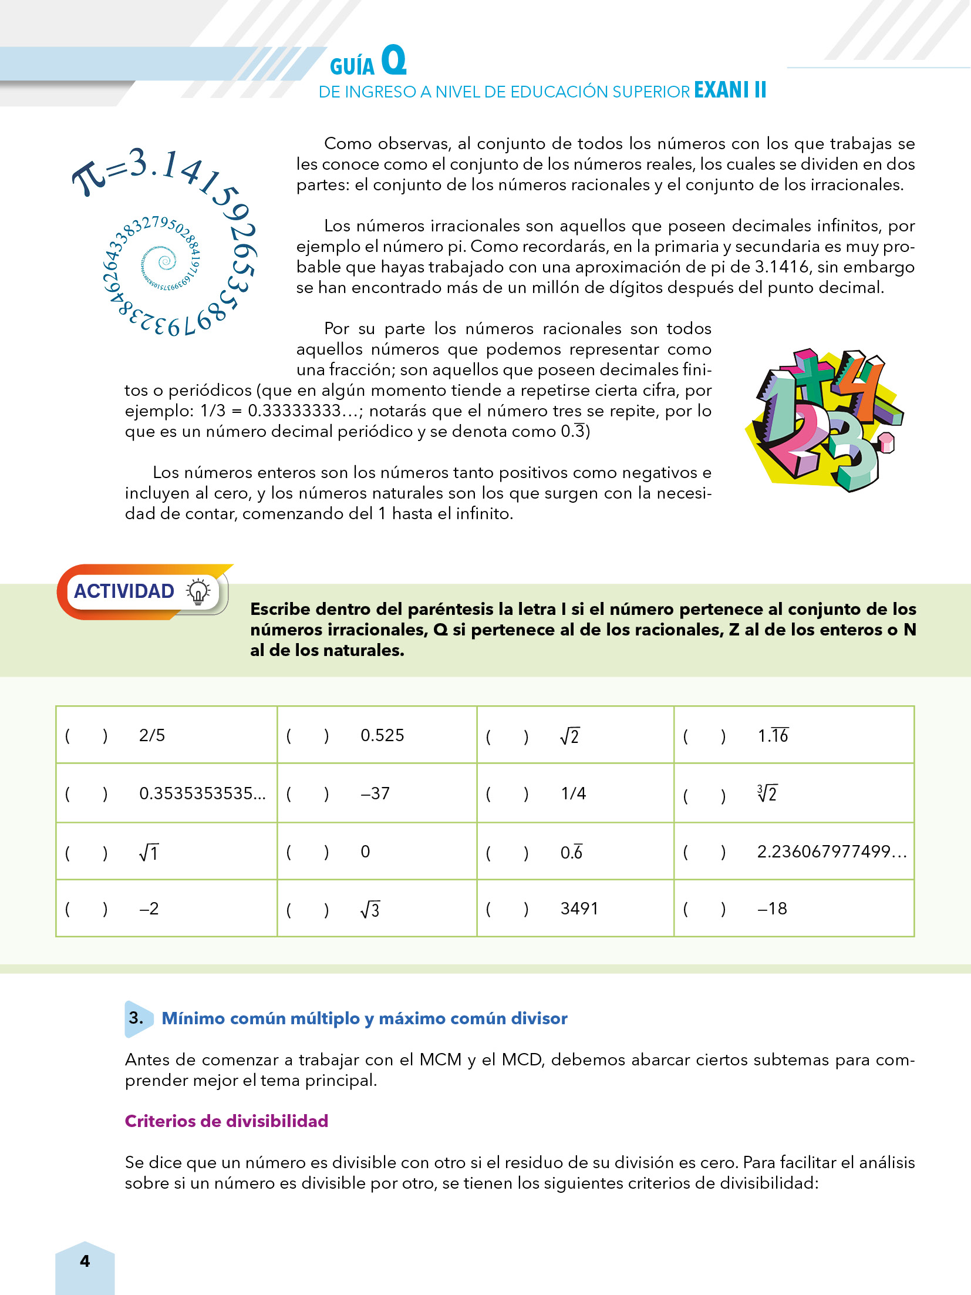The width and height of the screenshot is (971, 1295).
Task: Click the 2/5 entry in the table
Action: tap(152, 735)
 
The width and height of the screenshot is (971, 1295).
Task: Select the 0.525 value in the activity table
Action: tap(382, 735)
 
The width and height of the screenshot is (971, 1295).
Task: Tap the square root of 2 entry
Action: tap(569, 736)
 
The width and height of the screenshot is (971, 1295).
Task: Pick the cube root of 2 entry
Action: tap(767, 793)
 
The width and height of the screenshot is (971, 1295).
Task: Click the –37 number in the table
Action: tap(375, 793)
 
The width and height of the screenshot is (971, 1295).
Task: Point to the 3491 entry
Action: tap(579, 909)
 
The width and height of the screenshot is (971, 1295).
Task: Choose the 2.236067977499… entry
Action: tap(832, 852)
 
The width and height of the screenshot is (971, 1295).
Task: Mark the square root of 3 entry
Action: tap(370, 910)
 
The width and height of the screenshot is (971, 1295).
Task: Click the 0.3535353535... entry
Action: tap(203, 793)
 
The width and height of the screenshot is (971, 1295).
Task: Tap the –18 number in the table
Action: tap(772, 909)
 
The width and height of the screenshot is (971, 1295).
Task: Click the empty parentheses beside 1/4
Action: tap(507, 794)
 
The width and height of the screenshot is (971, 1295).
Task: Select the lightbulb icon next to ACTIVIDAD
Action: tap(198, 591)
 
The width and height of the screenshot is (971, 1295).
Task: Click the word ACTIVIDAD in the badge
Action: tap(124, 591)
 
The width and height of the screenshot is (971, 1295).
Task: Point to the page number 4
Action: tap(85, 1261)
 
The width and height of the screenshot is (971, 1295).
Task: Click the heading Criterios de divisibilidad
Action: tap(227, 1121)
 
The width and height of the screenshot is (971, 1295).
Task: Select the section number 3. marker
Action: tap(136, 1018)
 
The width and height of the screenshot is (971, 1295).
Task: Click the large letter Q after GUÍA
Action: tap(393, 61)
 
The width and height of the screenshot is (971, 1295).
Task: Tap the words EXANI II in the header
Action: tap(730, 90)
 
